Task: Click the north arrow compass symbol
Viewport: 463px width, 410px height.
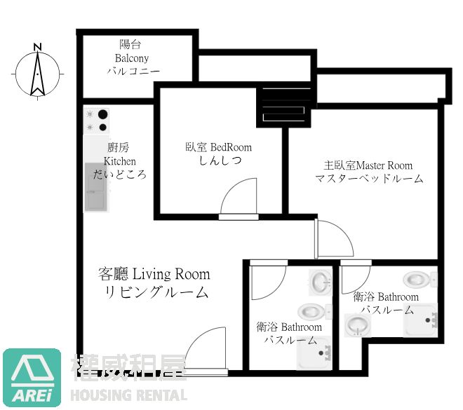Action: click(x=37, y=72)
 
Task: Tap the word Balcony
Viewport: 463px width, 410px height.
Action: click(x=133, y=58)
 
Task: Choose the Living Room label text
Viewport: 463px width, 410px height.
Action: click(x=154, y=274)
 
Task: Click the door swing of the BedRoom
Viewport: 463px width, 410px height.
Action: click(x=239, y=198)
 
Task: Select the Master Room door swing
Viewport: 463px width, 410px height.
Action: click(x=333, y=238)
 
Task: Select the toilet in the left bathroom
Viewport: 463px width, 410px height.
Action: click(x=311, y=311)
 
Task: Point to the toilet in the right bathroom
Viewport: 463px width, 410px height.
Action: click(x=423, y=279)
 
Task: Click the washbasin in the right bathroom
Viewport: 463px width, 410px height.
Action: click(x=358, y=324)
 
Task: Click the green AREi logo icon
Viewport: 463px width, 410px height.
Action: click(x=32, y=377)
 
